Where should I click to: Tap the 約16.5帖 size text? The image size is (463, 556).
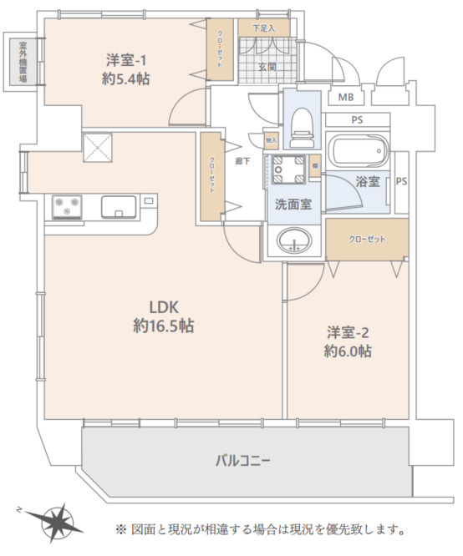tap(163, 326)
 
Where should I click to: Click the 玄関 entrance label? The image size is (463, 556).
tap(267, 67)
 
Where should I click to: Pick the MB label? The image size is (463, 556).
tap(345, 98)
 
